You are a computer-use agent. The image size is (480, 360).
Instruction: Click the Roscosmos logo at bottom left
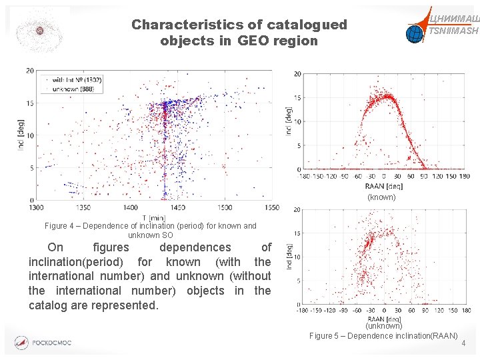[44, 343]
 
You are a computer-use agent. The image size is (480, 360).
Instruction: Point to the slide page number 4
[463, 343]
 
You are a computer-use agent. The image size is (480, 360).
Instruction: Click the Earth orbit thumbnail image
[39, 31]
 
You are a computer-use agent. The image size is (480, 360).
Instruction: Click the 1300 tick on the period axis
[37, 207]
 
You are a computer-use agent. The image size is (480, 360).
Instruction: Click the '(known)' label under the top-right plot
[381, 197]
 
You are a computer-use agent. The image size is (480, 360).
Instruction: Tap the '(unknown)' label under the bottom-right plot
[383, 326]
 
